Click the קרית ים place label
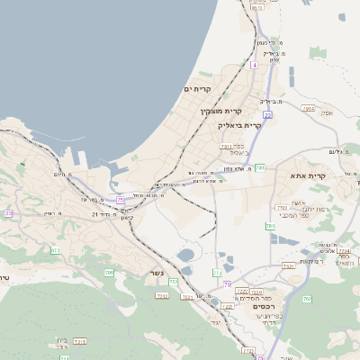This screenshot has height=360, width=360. click(197, 89)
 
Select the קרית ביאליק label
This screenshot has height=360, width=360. click(239, 126)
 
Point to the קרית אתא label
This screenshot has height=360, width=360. click(310, 175)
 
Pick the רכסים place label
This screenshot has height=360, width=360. click(252, 305)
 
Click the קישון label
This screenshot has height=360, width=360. click(127, 218)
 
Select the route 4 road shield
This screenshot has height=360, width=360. click(255, 65)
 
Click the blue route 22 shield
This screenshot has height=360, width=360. click(267, 115)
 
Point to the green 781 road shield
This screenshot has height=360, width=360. click(260, 167)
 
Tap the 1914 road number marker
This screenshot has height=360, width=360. click(309, 108)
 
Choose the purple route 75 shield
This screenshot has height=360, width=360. click(120, 200)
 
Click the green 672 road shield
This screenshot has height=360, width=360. click(55, 251)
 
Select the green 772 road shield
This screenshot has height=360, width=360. click(217, 272)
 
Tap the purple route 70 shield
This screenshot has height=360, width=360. click(227, 283)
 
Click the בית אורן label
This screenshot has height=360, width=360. click(62, 340)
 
